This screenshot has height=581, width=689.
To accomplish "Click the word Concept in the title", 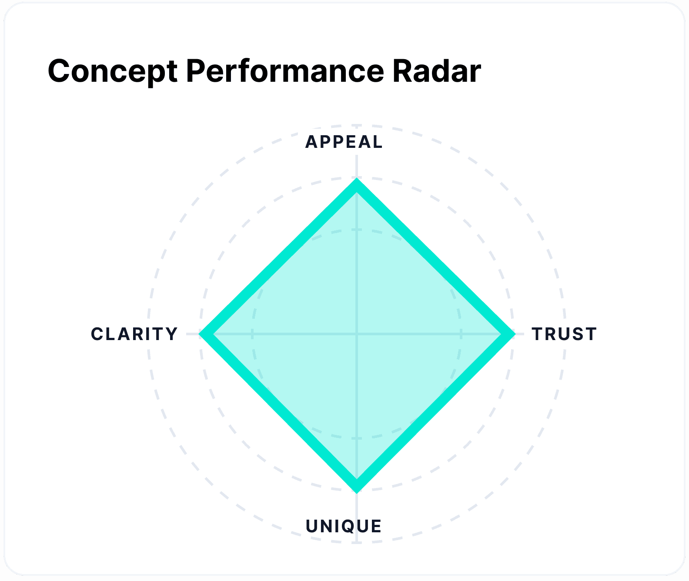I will (112, 71).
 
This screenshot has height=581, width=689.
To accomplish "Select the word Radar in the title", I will (437, 71).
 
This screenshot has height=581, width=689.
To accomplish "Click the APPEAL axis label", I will (344, 142).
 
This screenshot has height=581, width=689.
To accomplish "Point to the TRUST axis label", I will (564, 334).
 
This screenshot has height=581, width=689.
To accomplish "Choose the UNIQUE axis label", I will (344, 526).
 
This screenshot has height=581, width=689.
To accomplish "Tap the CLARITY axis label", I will (134, 334).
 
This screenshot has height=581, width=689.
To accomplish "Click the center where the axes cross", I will (357, 334).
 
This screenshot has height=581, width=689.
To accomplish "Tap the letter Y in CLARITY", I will (172, 334).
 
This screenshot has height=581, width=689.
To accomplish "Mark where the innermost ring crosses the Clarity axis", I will (252, 334).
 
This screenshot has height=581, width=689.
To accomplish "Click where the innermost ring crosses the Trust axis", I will (461, 334).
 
